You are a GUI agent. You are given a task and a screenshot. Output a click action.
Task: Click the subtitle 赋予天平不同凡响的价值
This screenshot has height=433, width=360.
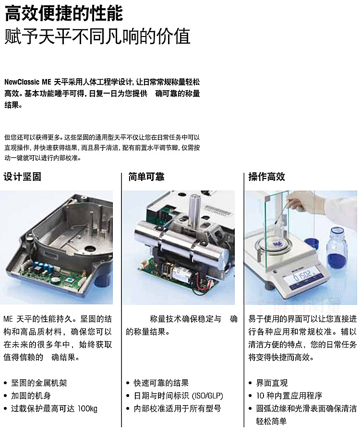point(97,36)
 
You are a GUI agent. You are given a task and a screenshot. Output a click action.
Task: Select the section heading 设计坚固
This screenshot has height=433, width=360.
point(23,177)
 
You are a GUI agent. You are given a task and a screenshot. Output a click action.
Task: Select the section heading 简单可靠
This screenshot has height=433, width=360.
point(146,177)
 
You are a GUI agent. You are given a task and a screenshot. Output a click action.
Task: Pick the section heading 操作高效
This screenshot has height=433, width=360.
point(266,177)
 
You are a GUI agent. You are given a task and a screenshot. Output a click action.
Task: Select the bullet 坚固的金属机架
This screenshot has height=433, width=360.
point(39,383)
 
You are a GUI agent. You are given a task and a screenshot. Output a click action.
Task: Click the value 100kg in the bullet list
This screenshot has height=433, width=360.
point(87,409)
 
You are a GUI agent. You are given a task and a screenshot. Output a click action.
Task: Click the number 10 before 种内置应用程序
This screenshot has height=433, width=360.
point(260,396)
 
